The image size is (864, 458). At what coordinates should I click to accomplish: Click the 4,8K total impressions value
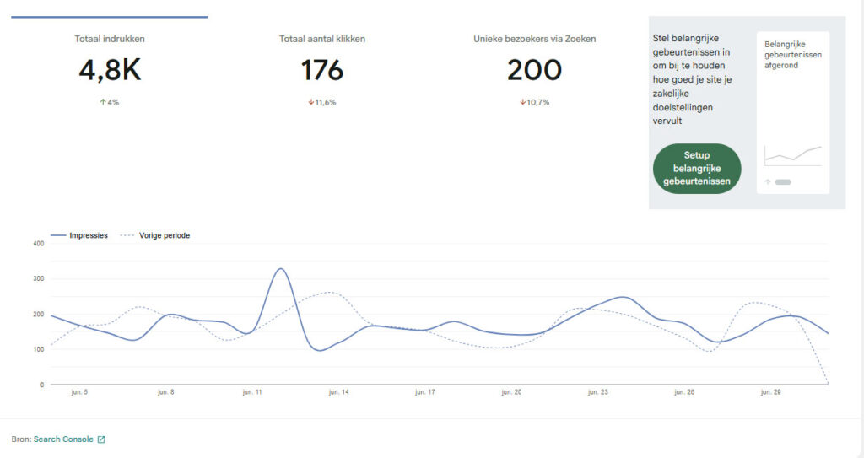(110, 70)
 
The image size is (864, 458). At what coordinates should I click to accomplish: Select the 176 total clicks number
(322, 70)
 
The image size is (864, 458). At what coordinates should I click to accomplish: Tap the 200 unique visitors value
(534, 70)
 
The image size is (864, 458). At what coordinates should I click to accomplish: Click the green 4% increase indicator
(109, 102)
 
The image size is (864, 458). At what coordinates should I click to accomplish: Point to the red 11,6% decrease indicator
(322, 102)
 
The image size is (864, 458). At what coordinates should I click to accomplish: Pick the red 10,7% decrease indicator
(534, 102)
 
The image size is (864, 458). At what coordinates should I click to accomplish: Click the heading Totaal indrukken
(110, 39)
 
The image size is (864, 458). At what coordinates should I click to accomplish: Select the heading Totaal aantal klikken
(322, 39)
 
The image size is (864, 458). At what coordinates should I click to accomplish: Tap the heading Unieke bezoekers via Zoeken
(534, 39)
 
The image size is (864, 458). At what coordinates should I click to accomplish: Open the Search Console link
(63, 439)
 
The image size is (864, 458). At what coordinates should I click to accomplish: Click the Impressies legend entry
(79, 235)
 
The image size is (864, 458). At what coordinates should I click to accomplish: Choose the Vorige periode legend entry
(155, 235)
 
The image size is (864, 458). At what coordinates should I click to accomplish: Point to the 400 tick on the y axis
(39, 243)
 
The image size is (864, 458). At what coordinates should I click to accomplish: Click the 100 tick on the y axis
(39, 349)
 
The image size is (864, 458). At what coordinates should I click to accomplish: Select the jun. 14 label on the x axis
(339, 392)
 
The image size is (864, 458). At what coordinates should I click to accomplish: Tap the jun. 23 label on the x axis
(598, 392)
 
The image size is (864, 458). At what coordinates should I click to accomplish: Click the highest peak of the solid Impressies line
(281, 268)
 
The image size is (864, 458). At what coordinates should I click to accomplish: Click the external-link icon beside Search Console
(101, 439)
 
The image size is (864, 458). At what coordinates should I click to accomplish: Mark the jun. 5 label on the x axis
(79, 392)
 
